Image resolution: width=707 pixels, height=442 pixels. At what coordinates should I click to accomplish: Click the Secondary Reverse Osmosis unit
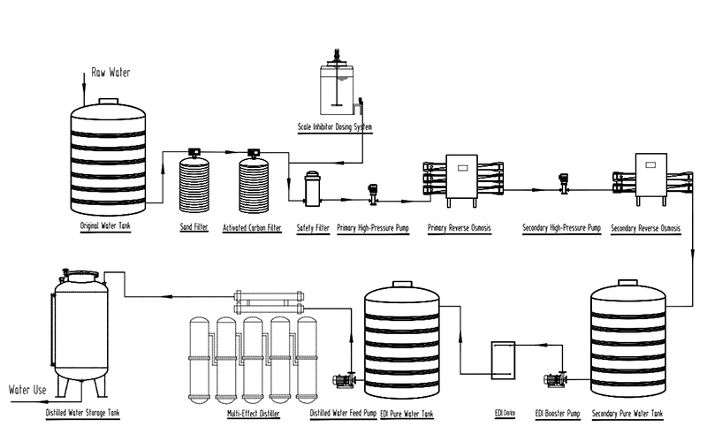click(648, 177)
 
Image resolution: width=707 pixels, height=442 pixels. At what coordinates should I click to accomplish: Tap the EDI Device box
click(506, 362)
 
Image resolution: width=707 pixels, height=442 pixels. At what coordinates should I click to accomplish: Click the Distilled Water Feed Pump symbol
click(344, 380)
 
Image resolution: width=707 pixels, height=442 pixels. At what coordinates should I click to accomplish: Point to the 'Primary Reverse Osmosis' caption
click(459, 228)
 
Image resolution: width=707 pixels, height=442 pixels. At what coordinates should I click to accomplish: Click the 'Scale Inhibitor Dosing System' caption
click(335, 127)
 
